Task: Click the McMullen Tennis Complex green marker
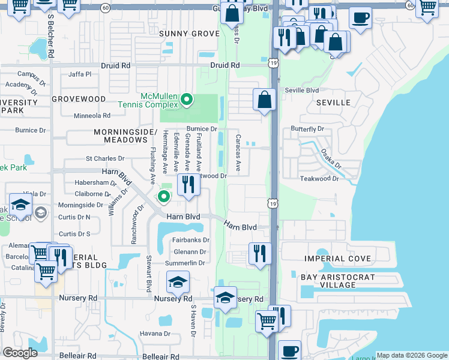tap(187, 100)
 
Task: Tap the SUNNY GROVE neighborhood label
tap(189, 34)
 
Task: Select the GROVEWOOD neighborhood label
tap(79, 98)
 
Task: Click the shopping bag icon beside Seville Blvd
tap(264, 100)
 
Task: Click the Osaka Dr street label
tap(330, 159)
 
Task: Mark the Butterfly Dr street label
tap(307, 129)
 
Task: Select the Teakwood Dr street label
tap(319, 179)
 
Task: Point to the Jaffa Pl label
tap(80, 74)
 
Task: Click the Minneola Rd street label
tap(92, 115)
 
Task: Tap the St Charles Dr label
tap(104, 159)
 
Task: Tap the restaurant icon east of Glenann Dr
tap(260, 253)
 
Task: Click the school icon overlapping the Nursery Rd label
tap(225, 298)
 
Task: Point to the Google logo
tap(20, 353)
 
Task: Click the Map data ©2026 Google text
tap(411, 355)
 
